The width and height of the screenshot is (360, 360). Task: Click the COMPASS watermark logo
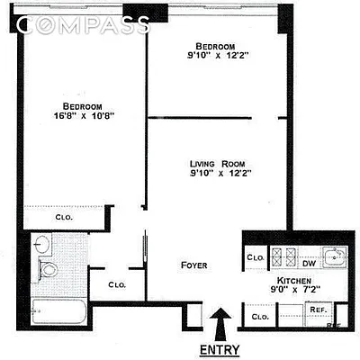[x=83, y=25]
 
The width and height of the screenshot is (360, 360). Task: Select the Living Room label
[x=215, y=164]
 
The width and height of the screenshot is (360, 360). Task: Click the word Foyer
[x=194, y=265]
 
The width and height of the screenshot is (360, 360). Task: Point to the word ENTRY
[x=220, y=348]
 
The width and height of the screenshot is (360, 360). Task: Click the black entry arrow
[x=220, y=322]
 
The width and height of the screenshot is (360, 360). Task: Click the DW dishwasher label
[x=308, y=264]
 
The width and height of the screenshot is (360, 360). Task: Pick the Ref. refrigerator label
[x=317, y=309]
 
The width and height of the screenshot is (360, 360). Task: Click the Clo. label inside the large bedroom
[x=63, y=217]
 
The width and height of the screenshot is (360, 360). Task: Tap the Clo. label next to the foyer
[x=115, y=285]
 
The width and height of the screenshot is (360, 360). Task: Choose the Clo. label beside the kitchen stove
[x=254, y=258]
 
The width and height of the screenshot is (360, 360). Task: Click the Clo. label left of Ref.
[x=259, y=317]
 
